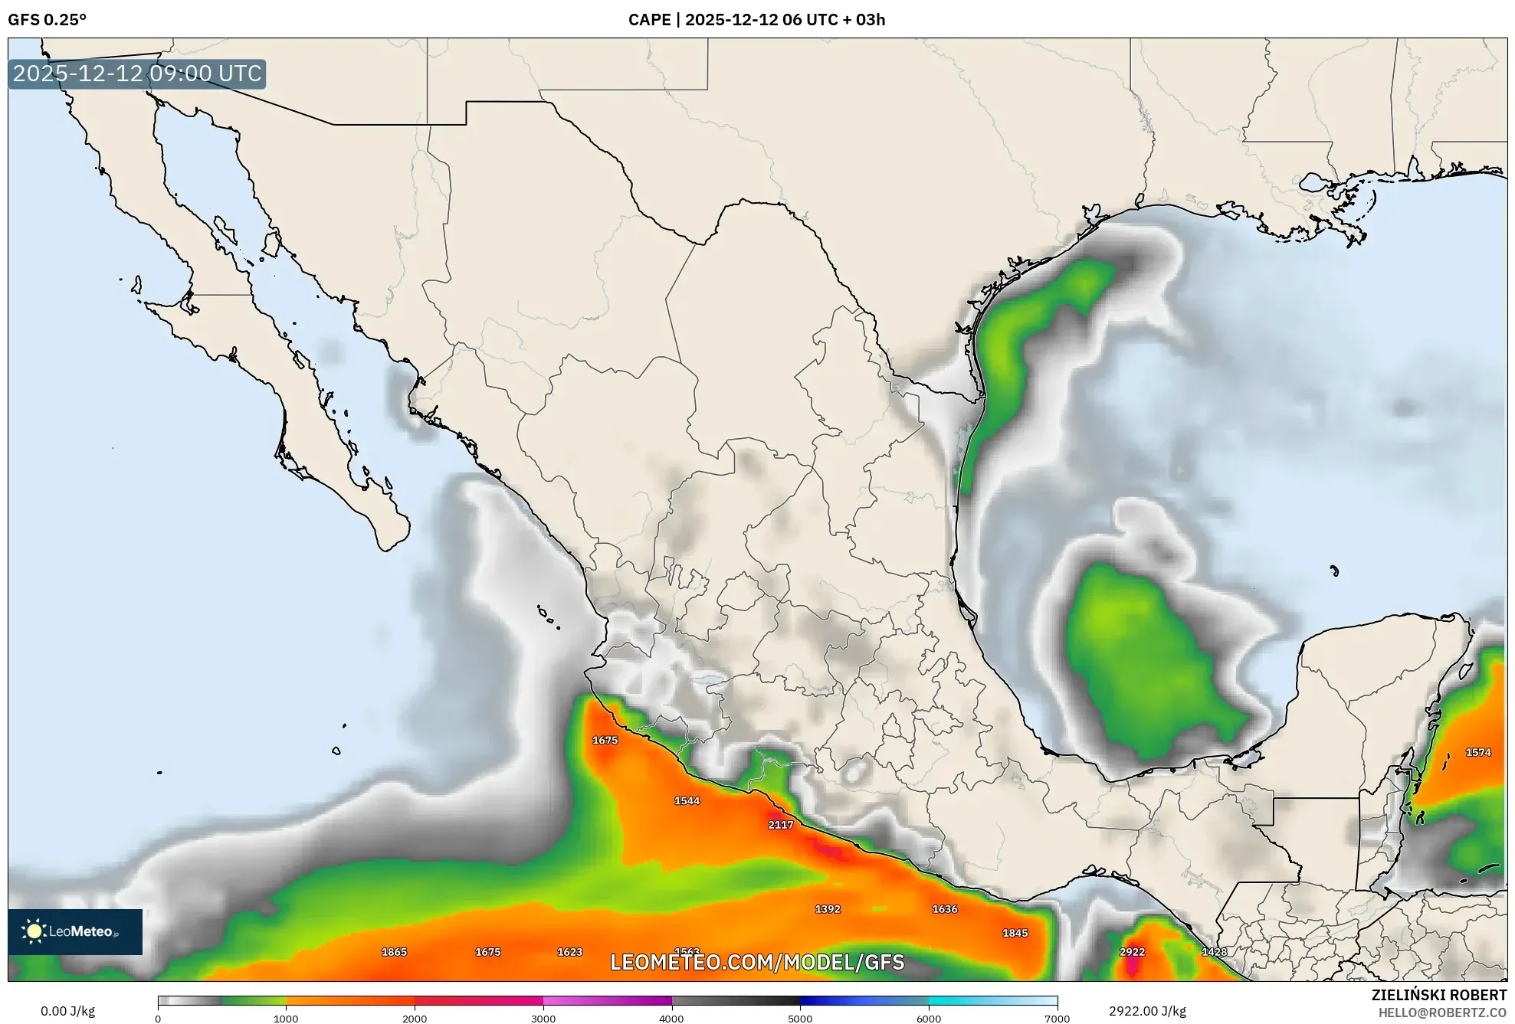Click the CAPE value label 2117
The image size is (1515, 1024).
780,825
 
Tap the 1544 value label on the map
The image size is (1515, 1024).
687,801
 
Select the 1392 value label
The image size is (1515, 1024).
828,909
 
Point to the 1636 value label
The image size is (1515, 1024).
945,909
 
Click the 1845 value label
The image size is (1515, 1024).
1015,933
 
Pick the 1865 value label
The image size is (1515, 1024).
394,952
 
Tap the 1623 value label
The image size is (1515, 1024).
569,952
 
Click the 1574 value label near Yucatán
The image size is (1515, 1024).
1478,752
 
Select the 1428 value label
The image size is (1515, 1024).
1215,952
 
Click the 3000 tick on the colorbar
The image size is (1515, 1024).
543,1018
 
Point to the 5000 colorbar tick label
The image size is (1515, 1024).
800,1018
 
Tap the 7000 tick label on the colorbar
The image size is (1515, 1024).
1057,1018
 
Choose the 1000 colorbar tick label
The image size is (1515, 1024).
286,1018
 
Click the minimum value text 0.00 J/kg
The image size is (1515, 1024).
67,1011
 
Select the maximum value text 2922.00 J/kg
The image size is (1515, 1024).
1147,1011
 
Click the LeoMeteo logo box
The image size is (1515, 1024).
75,931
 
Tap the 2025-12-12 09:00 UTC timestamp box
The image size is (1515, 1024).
137,74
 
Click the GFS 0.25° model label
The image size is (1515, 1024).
47,20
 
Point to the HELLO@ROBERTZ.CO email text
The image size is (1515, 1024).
1442,1013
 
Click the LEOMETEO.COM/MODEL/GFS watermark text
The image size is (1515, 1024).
757,962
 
